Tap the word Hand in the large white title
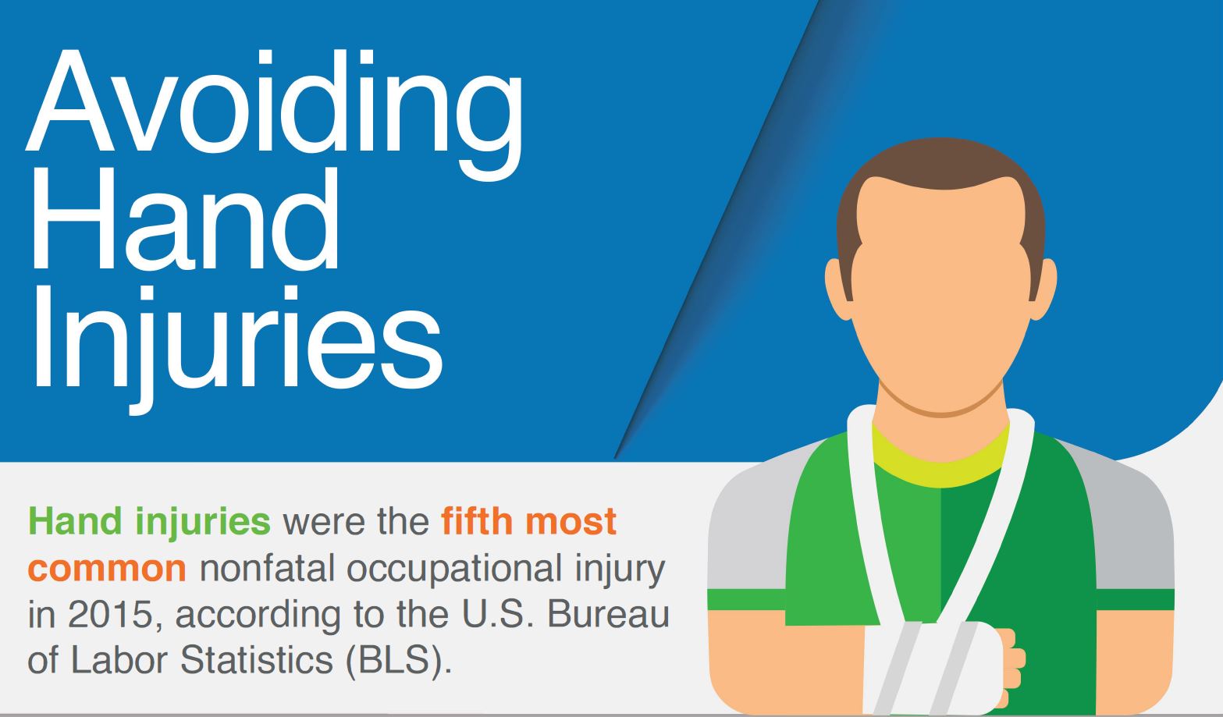(186, 218)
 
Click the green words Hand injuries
(149, 522)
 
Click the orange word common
(107, 569)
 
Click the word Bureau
(608, 615)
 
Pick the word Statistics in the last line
(257, 660)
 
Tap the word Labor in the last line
(119, 660)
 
